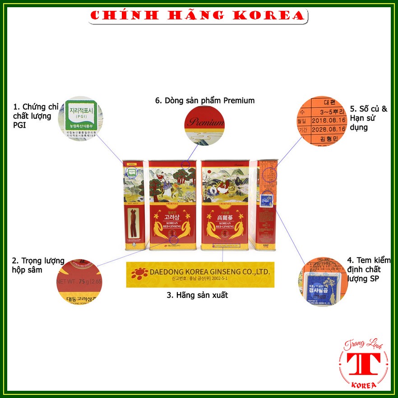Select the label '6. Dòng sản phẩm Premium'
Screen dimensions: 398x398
[205, 101]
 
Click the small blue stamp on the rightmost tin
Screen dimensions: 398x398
[267, 199]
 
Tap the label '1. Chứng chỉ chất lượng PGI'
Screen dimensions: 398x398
[32, 116]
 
